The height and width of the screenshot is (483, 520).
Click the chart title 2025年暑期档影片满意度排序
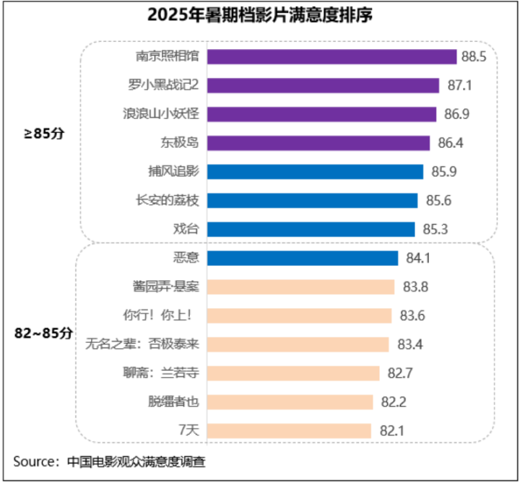click(x=260, y=14)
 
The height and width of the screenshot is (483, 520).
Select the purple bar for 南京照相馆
click(x=332, y=56)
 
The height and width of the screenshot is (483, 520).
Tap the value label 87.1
click(x=460, y=85)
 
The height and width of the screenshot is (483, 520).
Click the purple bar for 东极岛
click(x=318, y=143)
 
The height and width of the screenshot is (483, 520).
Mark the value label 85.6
click(x=438, y=201)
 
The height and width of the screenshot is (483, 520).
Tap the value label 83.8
click(x=416, y=287)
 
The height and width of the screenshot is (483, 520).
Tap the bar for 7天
click(x=290, y=431)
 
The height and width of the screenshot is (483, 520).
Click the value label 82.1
click(x=391, y=431)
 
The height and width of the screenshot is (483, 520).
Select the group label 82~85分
click(x=44, y=333)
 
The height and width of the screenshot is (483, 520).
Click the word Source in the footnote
click(x=35, y=461)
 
